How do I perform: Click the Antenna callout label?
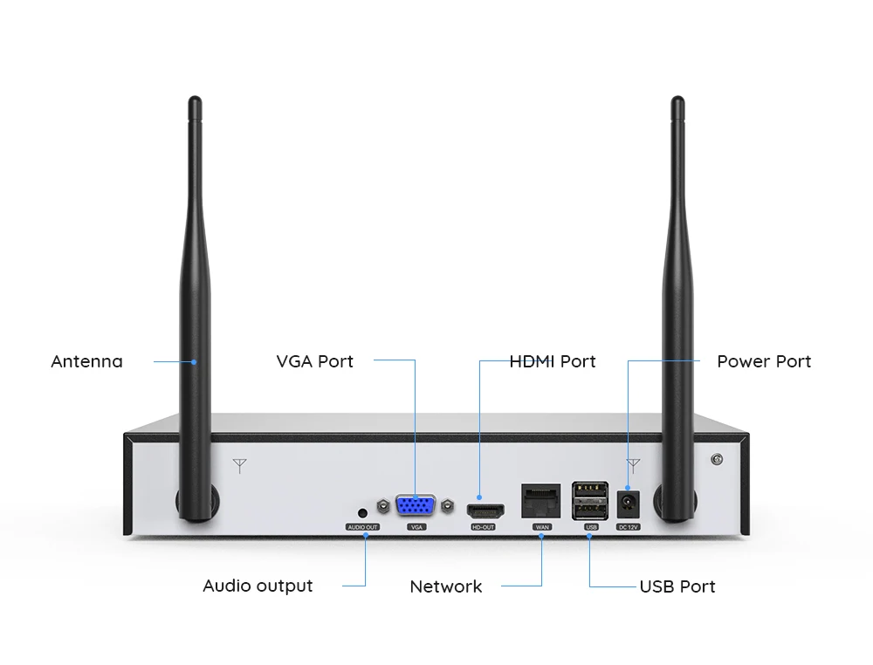[86, 361]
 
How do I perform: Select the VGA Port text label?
[314, 361]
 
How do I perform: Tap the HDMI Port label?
[553, 361]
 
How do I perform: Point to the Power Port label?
[764, 361]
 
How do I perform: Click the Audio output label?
[258, 586]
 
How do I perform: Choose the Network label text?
[446, 586]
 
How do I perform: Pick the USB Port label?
[677, 586]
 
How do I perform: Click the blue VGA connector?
[416, 506]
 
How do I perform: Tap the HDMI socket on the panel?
[485, 511]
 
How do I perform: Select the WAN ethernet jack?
[540, 501]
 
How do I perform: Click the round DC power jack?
[629, 504]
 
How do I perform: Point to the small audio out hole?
[362, 512]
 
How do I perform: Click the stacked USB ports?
[590, 501]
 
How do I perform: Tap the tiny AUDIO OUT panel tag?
[362, 527]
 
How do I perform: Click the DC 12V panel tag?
[629, 527]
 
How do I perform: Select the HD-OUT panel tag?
[483, 527]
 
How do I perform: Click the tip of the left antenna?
[195, 98]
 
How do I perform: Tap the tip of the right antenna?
[677, 98]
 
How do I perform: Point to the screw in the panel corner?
[717, 459]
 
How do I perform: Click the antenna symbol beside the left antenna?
[239, 466]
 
